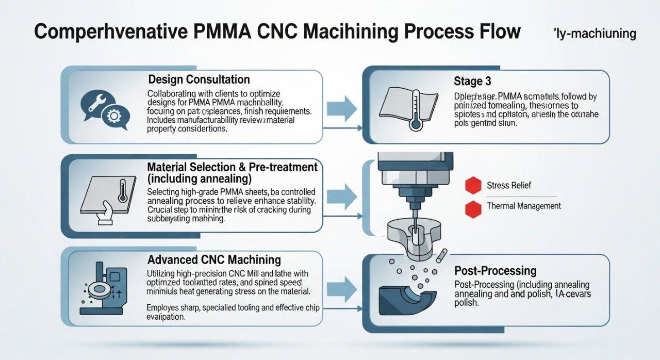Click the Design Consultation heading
pyautogui.click(x=199, y=79)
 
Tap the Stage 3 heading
pyautogui.click(x=472, y=81)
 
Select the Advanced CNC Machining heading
pyautogui.click(x=214, y=259)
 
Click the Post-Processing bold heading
pyautogui.click(x=495, y=271)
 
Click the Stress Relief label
pyautogui.click(x=508, y=185)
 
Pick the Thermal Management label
pyautogui.click(x=523, y=206)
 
